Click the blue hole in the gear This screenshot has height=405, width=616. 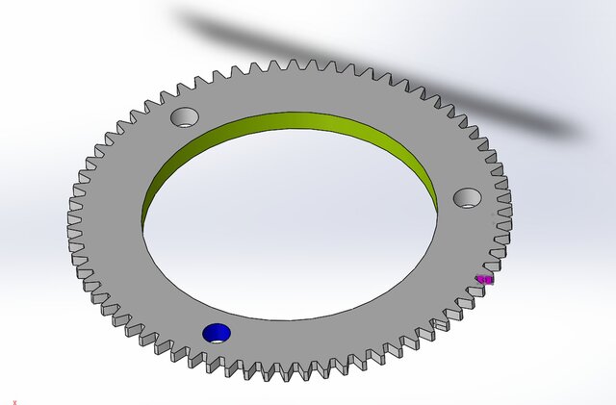217,332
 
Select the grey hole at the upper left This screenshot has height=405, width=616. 184,117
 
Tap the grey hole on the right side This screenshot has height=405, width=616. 468,198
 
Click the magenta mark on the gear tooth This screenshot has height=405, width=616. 485,280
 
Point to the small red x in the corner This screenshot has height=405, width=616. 14,390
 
